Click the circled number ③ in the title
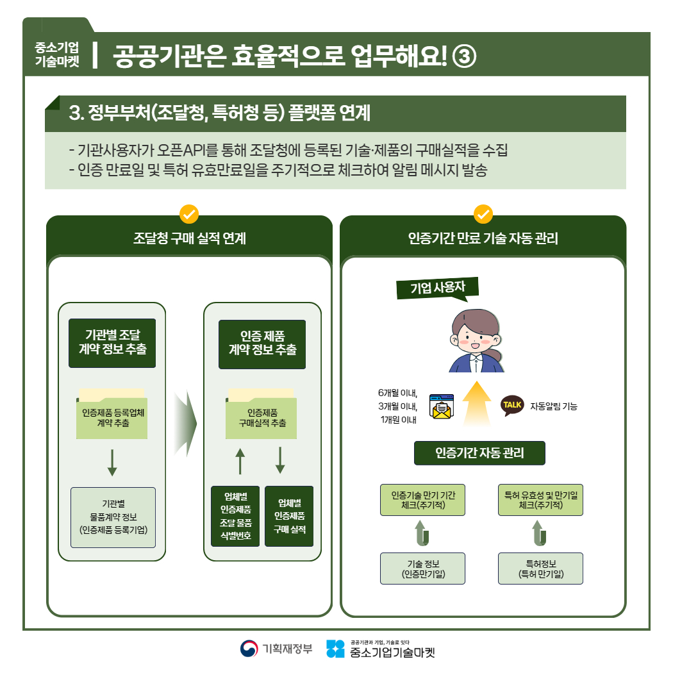pyautogui.click(x=463, y=56)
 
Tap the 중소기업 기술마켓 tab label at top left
pyautogui.click(x=58, y=55)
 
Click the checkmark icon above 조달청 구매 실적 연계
pyautogui.click(x=189, y=213)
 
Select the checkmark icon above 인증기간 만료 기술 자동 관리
pyautogui.click(x=483, y=213)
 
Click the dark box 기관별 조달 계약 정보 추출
pyautogui.click(x=112, y=343)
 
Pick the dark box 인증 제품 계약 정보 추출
pyautogui.click(x=262, y=344)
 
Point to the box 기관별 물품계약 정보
pyautogui.click(x=113, y=517)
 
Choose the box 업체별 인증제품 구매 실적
pyautogui.click(x=289, y=516)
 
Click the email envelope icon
pyautogui.click(x=442, y=407)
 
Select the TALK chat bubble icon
pyautogui.click(x=512, y=405)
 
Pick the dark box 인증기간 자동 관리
pyautogui.click(x=479, y=453)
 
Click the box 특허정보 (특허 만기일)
pyautogui.click(x=540, y=569)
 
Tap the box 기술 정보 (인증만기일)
pyautogui.click(x=422, y=569)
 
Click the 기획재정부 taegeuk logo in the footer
pyautogui.click(x=249, y=649)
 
